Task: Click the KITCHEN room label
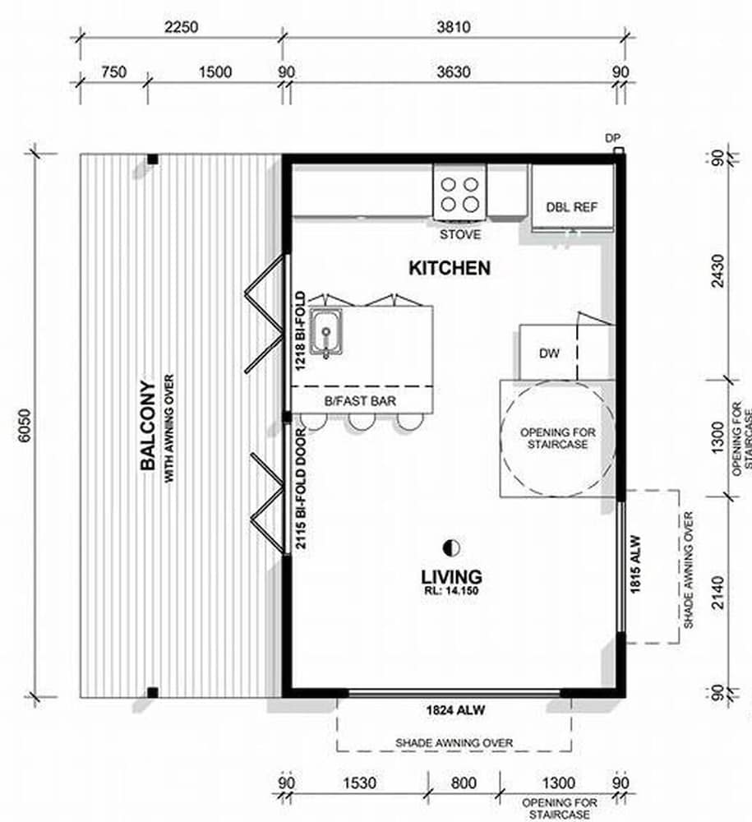(x=450, y=268)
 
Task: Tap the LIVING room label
(x=452, y=577)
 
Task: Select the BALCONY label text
(x=148, y=425)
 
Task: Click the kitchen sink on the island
(x=326, y=332)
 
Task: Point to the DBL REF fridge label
(x=572, y=207)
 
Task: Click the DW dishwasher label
(x=549, y=353)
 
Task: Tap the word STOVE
(x=460, y=234)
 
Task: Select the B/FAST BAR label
(x=360, y=401)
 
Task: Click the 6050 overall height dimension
(x=25, y=425)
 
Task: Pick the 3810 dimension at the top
(x=454, y=27)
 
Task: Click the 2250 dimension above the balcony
(x=182, y=27)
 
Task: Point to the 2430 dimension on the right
(x=718, y=270)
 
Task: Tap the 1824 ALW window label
(x=455, y=710)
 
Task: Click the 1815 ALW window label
(x=635, y=564)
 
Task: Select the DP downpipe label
(x=612, y=138)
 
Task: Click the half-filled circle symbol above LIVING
(x=452, y=548)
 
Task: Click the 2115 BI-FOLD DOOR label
(x=301, y=488)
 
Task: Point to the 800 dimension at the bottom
(x=464, y=783)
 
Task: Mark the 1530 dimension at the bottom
(x=359, y=783)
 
